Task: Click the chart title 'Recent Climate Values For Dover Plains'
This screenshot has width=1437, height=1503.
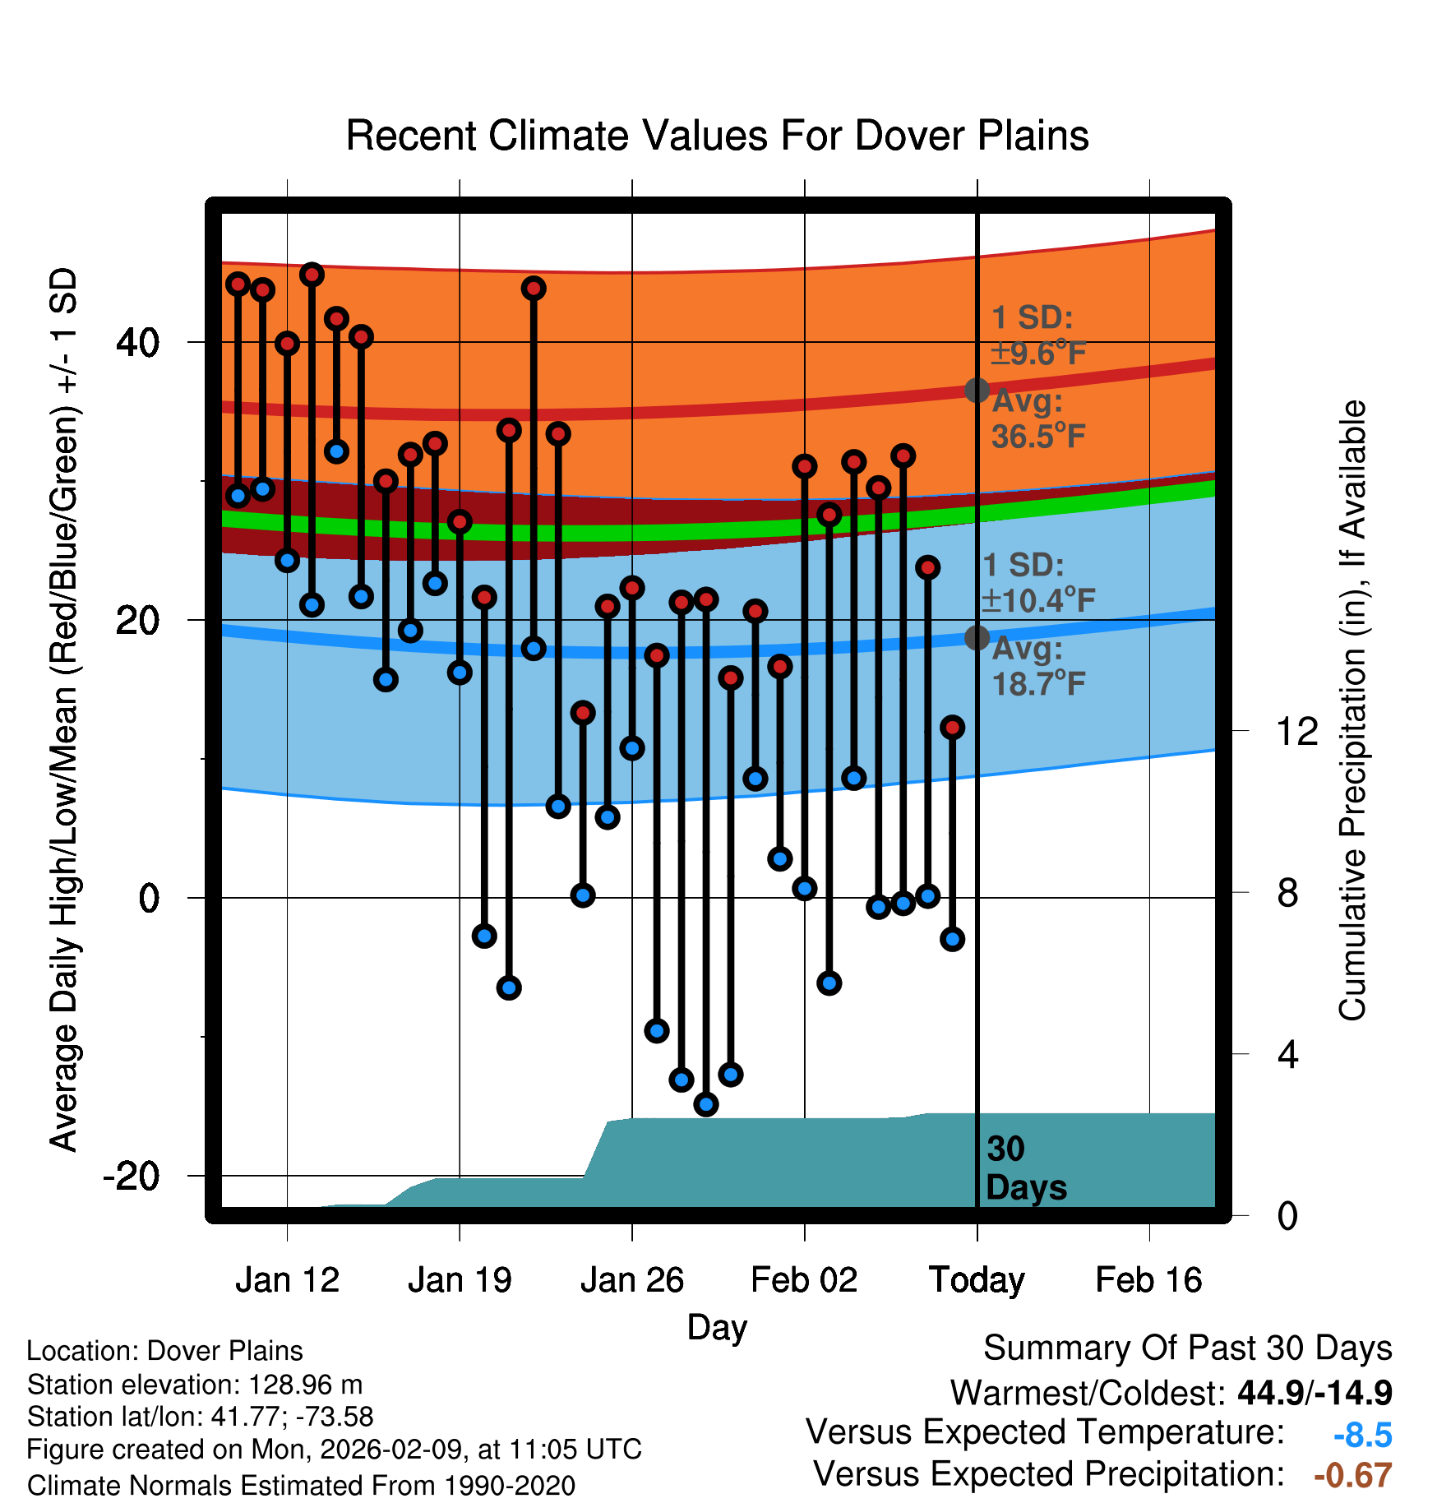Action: click(x=717, y=136)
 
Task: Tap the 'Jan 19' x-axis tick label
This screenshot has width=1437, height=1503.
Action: click(x=460, y=1280)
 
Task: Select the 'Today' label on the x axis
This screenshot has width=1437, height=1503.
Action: click(x=977, y=1280)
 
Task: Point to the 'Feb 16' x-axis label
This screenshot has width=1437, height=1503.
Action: click(x=1148, y=1280)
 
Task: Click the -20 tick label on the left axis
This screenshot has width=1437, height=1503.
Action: click(x=132, y=1177)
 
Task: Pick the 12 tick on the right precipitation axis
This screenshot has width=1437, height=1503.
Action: click(x=1297, y=731)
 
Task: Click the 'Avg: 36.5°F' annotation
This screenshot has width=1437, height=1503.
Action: click(x=1038, y=419)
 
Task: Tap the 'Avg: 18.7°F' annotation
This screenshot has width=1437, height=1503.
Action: click(x=1038, y=666)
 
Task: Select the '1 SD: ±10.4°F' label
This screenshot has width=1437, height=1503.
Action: click(x=1038, y=583)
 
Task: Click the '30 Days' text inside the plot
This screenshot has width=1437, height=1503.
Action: click(x=1025, y=1168)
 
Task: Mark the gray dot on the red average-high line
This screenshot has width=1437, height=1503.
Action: click(x=977, y=390)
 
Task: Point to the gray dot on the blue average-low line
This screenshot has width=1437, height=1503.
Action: click(x=977, y=637)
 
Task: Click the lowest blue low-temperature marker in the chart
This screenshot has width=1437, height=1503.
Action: click(x=706, y=1104)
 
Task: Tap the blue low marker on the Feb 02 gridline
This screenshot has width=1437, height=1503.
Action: click(x=805, y=888)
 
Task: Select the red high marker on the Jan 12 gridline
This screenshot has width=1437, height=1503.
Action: click(x=287, y=343)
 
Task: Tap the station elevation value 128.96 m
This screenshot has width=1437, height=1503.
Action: click(x=305, y=1385)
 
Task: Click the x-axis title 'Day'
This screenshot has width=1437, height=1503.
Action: click(x=717, y=1327)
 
